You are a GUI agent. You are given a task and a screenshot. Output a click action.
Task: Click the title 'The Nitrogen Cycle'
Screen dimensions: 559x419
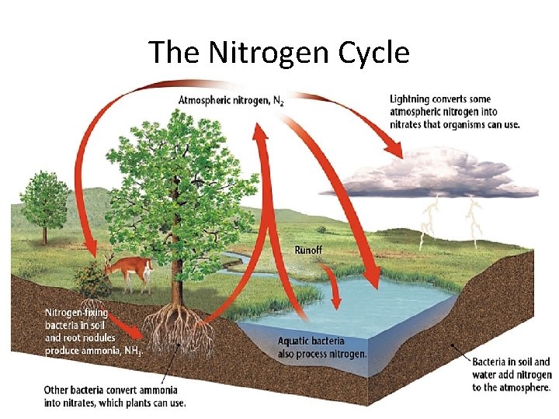pos(279,53)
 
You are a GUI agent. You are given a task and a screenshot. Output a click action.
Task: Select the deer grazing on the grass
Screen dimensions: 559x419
pos(128,271)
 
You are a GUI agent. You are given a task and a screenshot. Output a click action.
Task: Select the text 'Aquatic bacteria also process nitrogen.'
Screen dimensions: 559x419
pos(321,348)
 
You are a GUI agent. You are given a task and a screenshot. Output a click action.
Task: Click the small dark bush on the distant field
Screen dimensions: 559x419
pos(321,229)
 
